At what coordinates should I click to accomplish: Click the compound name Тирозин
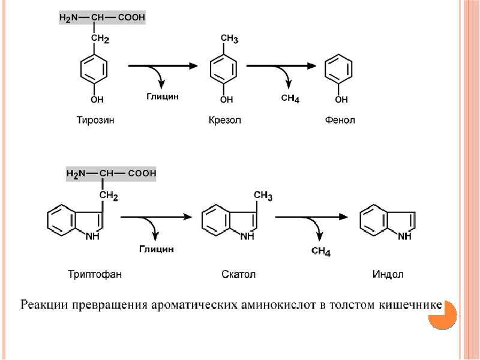(x=95, y=119)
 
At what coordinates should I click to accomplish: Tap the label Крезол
(x=224, y=119)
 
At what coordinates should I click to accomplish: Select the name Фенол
(x=340, y=119)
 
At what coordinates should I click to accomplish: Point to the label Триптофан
(x=95, y=274)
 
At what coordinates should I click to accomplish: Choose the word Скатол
(x=238, y=274)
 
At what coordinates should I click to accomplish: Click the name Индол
(x=388, y=274)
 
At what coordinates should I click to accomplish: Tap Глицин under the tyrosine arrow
(x=162, y=97)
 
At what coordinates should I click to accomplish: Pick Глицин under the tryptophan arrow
(x=157, y=249)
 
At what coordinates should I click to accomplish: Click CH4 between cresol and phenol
(x=290, y=98)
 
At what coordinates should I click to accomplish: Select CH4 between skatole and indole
(x=321, y=251)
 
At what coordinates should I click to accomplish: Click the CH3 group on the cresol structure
(x=229, y=39)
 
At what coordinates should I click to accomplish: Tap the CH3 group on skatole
(x=263, y=196)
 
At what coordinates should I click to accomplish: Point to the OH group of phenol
(x=341, y=99)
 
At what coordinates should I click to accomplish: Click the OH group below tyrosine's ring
(x=97, y=99)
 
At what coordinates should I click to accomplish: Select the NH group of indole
(x=404, y=236)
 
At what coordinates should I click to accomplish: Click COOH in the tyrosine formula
(x=131, y=17)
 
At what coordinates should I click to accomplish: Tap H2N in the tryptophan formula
(x=76, y=174)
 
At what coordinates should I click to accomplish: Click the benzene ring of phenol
(x=338, y=69)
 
